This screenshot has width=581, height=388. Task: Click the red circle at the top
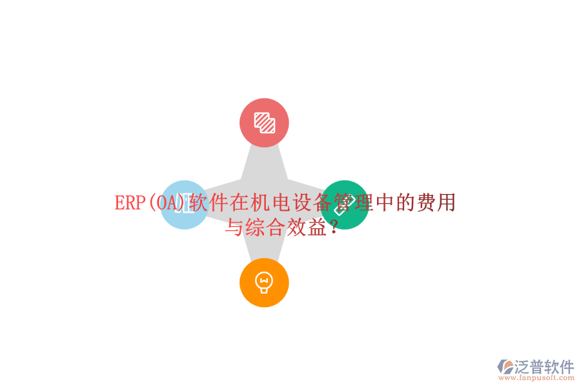pos(264,122)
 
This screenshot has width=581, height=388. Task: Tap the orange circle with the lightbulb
pos(264,283)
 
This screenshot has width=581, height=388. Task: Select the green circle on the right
pos(344,205)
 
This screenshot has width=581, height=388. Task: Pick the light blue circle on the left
pos(185,205)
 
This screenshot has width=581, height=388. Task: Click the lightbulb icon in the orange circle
pos(264,283)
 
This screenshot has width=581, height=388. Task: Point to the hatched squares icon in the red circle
pos(265,122)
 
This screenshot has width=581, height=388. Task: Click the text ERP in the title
pos(130,202)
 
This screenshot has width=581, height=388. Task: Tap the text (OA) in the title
pos(167,202)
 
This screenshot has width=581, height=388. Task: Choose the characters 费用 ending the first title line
pos(436,202)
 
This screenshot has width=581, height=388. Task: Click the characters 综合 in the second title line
pos(265,227)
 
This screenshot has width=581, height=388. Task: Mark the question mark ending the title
pos(334,227)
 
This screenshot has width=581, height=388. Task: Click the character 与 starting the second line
pos(234,227)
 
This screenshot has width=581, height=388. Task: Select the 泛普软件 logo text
pos(544,367)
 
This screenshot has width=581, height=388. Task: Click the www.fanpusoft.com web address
pos(536,378)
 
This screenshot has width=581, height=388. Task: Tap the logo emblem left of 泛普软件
pos(505,367)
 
